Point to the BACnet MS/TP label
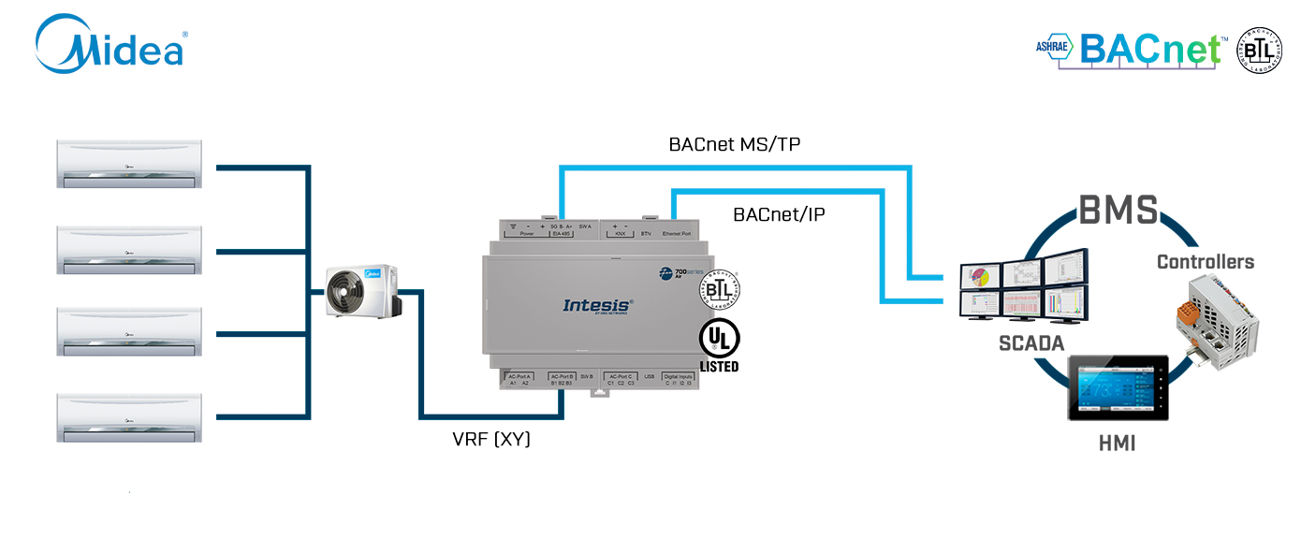coord(734,144)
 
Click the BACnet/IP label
coord(779,215)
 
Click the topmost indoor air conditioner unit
coord(129,166)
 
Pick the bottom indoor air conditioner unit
coord(129,418)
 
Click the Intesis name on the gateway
coord(598,305)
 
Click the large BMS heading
coord(1119,211)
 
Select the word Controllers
coord(1206,262)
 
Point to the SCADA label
coord(1031,343)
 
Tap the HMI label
coord(1117,444)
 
